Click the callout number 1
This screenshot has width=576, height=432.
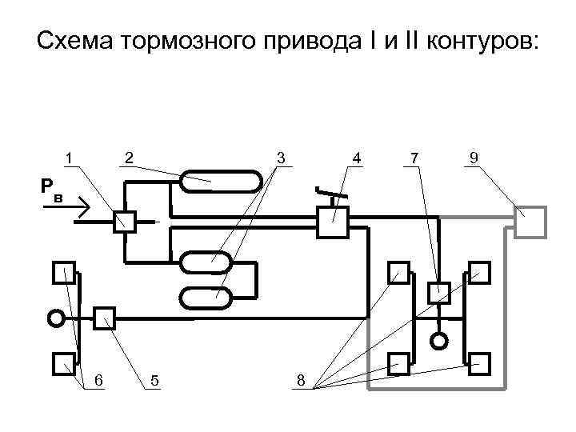[x=70, y=158]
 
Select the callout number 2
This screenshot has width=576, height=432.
[x=130, y=158]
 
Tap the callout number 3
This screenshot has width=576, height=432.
[x=281, y=158]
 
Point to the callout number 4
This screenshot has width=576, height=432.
[x=357, y=158]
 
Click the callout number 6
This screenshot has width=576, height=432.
[x=98, y=380]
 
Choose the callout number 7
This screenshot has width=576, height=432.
[x=414, y=158]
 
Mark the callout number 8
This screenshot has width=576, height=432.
[x=300, y=380]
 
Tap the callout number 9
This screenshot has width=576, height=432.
[x=474, y=158]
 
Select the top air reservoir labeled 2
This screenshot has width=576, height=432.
[x=221, y=182]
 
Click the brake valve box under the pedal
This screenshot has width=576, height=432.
[x=333, y=222]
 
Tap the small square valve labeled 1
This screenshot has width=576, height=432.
[x=125, y=222]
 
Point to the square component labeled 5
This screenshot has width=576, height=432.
[x=105, y=318]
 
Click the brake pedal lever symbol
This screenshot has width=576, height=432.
[x=330, y=193]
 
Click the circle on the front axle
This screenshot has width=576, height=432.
[x=55, y=318]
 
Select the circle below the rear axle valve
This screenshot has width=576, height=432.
[x=438, y=340]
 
